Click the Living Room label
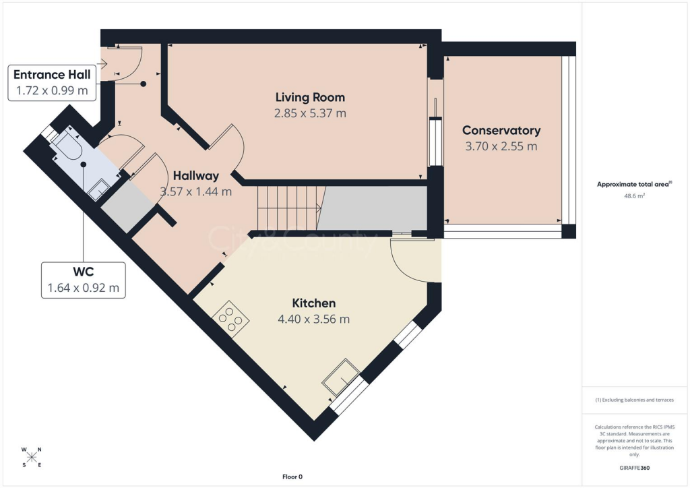tap(310, 98)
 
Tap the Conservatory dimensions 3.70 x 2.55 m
tap(501, 146)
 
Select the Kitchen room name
tap(313, 303)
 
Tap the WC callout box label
tap(82, 272)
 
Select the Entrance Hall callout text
tap(51, 74)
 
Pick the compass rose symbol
tap(32, 457)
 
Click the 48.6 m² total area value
tap(634, 196)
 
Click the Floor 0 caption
tap(292, 477)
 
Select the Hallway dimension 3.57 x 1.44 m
tap(195, 191)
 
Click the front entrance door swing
tap(128, 65)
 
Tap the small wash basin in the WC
tap(98, 191)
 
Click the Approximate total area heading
tap(634, 184)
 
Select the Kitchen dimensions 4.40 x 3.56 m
tap(313, 319)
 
